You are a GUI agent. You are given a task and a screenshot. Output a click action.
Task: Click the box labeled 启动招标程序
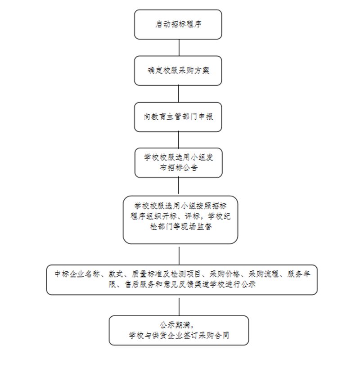click(x=178, y=24)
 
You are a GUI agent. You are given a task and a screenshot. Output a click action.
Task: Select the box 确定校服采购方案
click(x=178, y=71)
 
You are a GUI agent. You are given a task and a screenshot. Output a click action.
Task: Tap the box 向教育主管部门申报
click(x=178, y=117)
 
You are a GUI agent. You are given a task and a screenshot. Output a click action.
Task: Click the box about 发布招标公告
click(x=179, y=163)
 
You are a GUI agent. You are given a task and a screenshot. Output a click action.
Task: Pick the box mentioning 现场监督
click(x=180, y=220)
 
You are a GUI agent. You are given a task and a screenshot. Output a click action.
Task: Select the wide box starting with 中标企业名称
click(x=182, y=280)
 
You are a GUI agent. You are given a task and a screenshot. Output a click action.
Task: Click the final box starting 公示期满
click(x=179, y=330)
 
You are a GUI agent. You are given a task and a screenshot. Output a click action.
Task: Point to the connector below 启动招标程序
click(x=179, y=48)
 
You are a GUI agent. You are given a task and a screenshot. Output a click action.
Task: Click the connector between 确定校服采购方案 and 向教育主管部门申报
click(x=179, y=94)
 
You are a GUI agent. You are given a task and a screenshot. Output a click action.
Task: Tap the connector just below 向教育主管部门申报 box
click(x=179, y=140)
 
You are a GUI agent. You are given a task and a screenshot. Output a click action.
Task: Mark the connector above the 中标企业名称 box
click(x=179, y=256)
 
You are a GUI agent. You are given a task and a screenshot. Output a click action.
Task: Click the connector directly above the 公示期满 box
click(x=179, y=306)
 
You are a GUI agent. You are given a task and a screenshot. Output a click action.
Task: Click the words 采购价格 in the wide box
click(x=224, y=274)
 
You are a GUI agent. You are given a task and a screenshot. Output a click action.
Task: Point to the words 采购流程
click(x=263, y=274)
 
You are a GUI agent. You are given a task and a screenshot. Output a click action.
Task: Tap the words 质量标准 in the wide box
click(x=146, y=274)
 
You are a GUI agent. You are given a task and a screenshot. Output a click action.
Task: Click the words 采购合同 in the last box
click(x=214, y=335)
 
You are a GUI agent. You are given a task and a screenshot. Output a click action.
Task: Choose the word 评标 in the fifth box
click(x=192, y=216)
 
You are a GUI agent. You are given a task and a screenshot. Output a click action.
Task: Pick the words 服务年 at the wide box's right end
click(x=298, y=274)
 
